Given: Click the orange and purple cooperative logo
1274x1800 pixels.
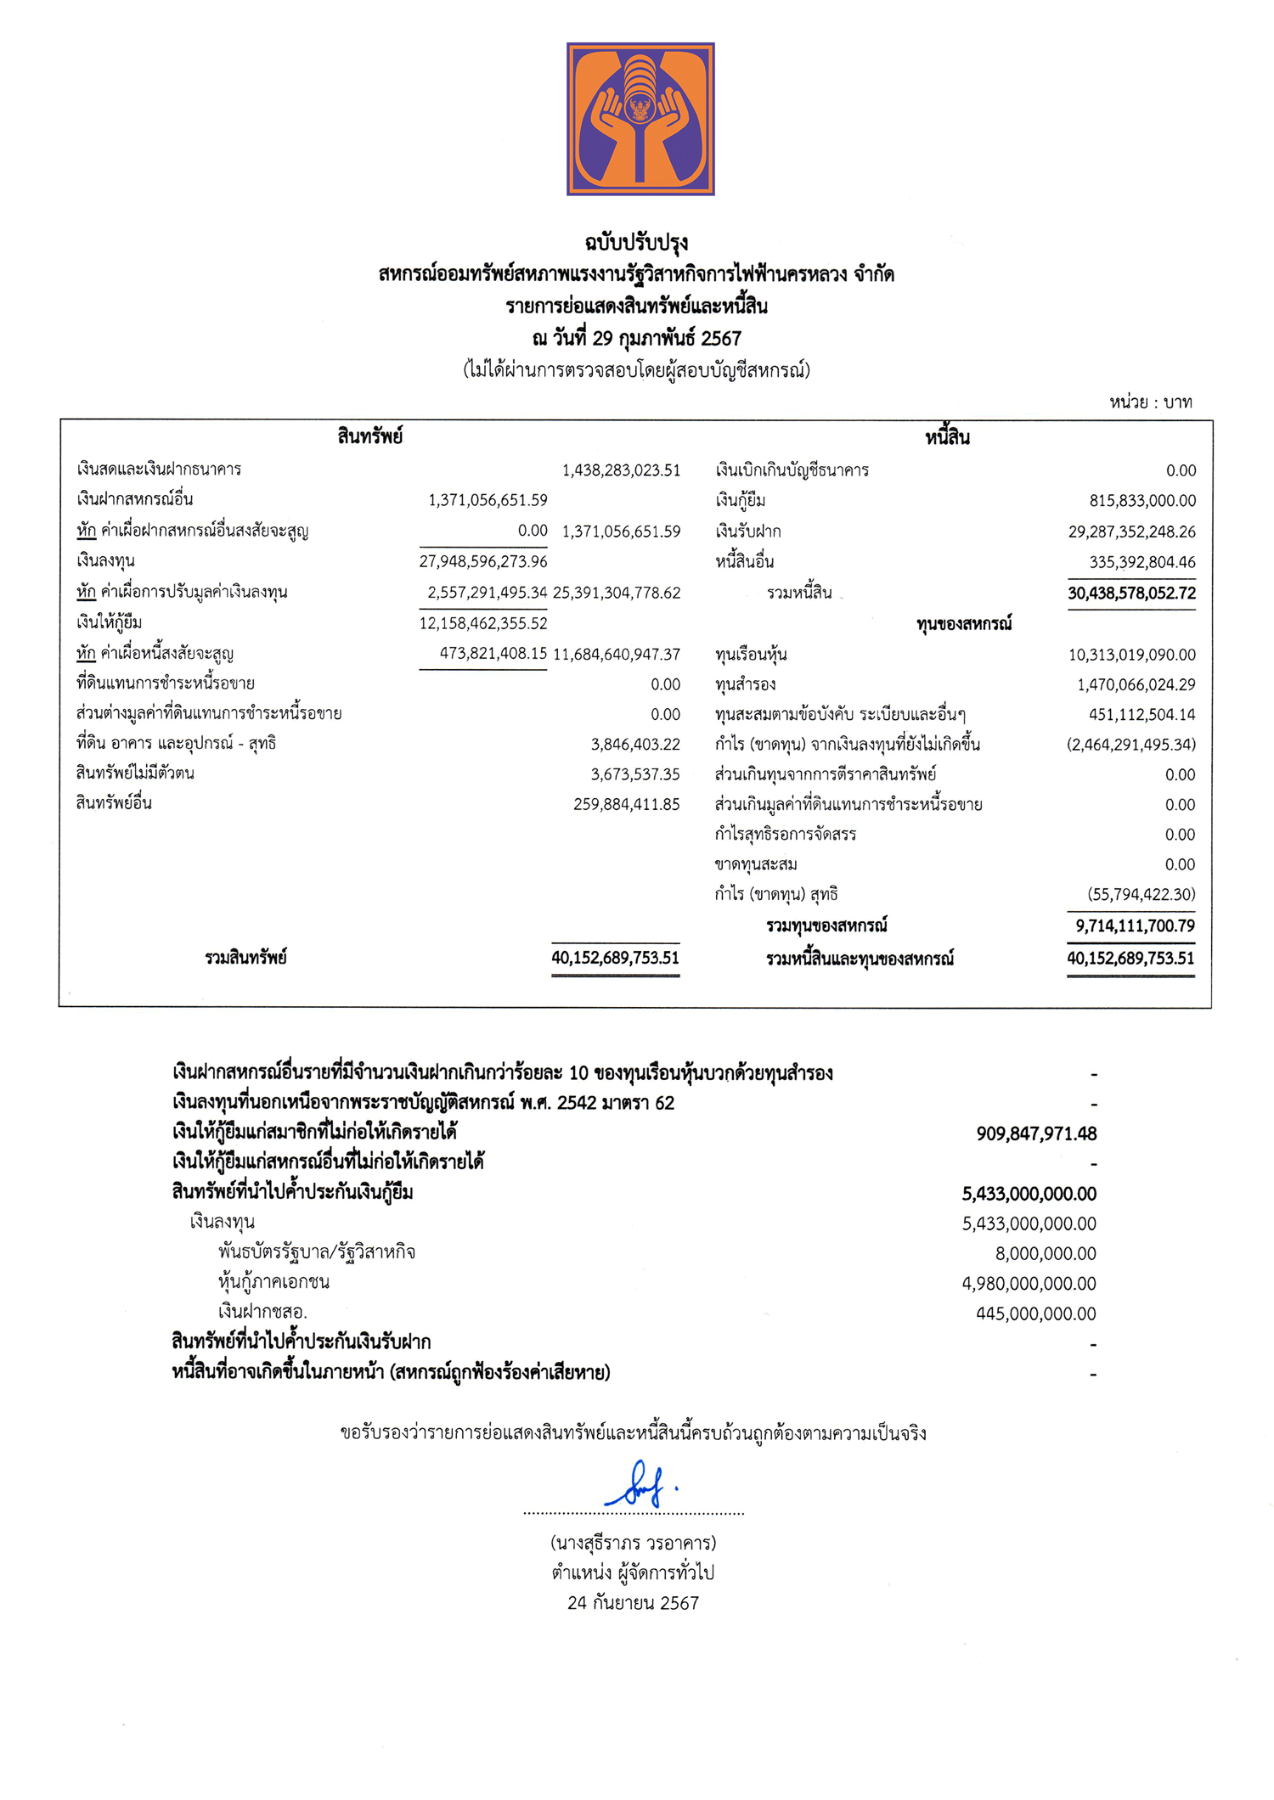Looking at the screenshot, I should [640, 119].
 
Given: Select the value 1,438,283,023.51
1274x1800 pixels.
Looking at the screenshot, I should [621, 470].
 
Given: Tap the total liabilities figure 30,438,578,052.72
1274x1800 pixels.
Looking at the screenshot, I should [1131, 593].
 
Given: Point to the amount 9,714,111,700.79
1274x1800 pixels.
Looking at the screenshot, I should [1135, 925].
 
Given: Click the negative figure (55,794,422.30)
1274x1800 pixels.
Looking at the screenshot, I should [1141, 894].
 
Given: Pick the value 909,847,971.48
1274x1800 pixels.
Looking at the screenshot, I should [1036, 1133].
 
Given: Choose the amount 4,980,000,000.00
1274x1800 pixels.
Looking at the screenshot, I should [1029, 1283].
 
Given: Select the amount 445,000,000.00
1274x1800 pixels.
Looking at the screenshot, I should [1035, 1313].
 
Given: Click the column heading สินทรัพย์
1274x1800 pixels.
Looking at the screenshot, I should [369, 437].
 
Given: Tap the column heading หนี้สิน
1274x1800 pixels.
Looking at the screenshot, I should [947, 438].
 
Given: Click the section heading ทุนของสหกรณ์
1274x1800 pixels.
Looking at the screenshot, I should [964, 624].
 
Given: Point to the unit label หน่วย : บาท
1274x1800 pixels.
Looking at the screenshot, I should [1150, 402].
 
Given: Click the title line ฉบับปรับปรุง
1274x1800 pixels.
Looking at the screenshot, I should [636, 244].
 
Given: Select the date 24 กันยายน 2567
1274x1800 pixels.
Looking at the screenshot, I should [633, 1603].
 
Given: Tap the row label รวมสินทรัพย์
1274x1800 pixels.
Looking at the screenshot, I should [245, 958].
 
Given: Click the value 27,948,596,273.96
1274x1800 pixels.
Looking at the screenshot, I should [483, 561].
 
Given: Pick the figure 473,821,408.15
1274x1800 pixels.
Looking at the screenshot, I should [493, 653].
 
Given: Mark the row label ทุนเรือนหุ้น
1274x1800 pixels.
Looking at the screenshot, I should [751, 655].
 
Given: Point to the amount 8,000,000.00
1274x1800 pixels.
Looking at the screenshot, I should [1046, 1253].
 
